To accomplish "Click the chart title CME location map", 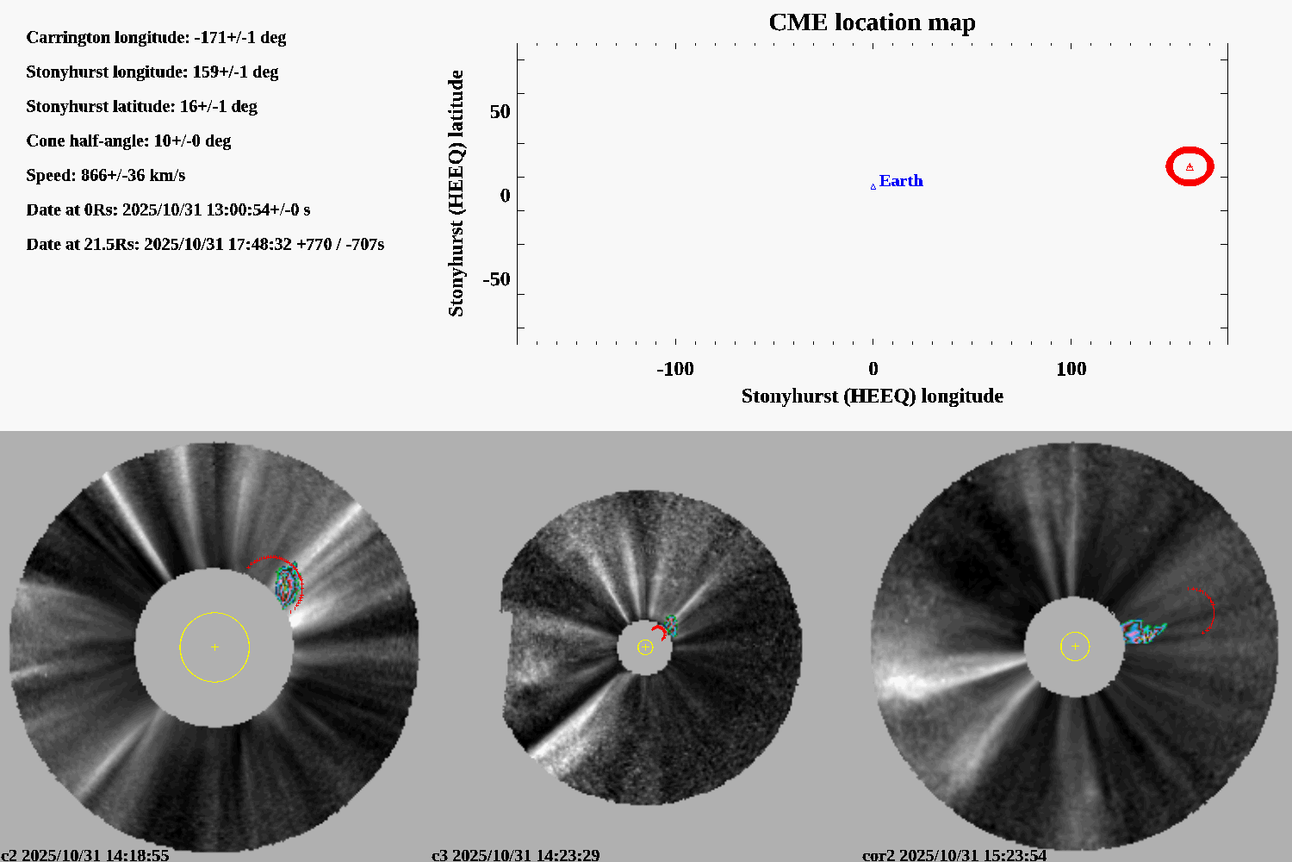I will (x=872, y=22).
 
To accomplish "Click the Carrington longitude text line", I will (x=156, y=37).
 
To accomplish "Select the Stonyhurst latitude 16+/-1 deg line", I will (x=141, y=106).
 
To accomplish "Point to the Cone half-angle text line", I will (x=128, y=141).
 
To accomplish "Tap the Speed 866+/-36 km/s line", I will (x=105, y=175).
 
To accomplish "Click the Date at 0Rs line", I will (x=168, y=209).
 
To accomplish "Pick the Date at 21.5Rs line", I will (x=205, y=244).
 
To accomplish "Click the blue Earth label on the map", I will (x=900, y=181).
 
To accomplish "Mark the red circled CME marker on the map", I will (x=1190, y=166).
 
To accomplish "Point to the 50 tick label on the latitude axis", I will (x=500, y=112).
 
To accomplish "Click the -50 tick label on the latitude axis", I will (x=496, y=279).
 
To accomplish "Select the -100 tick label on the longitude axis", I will (x=674, y=369).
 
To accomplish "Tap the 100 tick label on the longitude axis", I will (x=1071, y=369).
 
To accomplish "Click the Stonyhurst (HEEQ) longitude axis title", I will (x=872, y=396).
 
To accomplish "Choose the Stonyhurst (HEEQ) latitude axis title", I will (x=456, y=193).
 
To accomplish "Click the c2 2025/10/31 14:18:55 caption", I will (x=84, y=855).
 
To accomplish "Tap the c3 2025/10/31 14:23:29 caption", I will (x=515, y=855).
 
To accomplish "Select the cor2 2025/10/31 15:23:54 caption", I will (x=954, y=855).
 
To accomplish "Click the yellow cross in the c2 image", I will (x=214, y=646).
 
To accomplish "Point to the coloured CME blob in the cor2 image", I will (x=1141, y=632).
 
